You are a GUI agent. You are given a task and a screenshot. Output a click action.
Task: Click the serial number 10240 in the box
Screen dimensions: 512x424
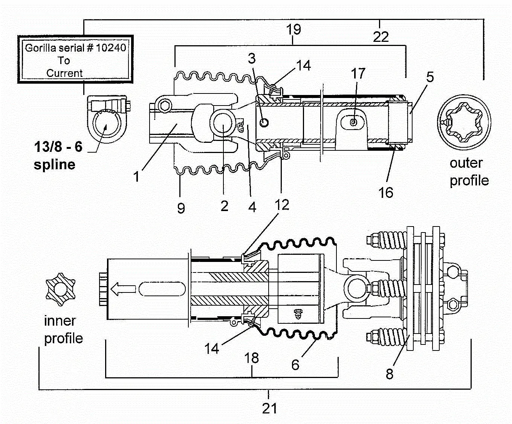tap(111, 47)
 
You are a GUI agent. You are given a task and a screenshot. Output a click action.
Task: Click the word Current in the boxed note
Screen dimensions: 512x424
tap(64, 73)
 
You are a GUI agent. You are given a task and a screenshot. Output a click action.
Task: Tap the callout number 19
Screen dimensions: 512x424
tap(293, 29)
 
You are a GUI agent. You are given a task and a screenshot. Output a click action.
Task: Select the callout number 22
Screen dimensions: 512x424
tap(381, 37)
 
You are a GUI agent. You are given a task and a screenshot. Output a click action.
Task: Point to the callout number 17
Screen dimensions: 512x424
tap(358, 73)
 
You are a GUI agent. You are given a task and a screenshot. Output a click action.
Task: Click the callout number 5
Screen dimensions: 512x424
tap(430, 77)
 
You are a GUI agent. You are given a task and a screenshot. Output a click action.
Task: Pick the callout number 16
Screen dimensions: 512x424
tap(386, 192)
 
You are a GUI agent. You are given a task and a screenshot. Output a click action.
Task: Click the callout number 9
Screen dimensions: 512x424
tap(181, 208)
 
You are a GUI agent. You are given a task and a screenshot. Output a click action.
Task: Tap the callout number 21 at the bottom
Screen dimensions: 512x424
tap(269, 409)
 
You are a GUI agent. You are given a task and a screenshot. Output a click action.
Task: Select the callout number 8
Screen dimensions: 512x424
tap(390, 374)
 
